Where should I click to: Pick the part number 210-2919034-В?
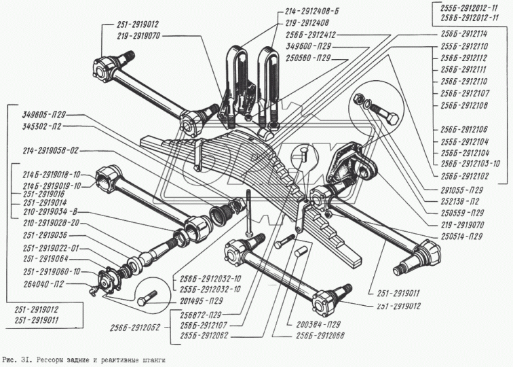(x=47, y=212)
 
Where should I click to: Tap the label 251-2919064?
(x=41, y=258)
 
